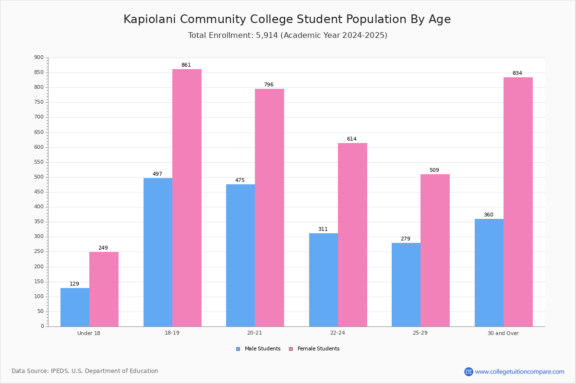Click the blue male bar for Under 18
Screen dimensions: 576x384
click(x=75, y=307)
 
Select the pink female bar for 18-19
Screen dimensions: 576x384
click(x=187, y=198)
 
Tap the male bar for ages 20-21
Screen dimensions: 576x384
click(x=240, y=255)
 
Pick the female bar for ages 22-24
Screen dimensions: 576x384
click(x=352, y=235)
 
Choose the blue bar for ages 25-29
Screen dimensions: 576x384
click(x=406, y=285)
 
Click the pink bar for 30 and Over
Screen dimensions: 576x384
click(x=518, y=202)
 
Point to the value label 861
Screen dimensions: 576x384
click(x=186, y=65)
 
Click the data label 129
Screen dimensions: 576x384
click(x=74, y=284)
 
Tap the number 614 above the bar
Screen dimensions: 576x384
click(x=352, y=139)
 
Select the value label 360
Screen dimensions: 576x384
click(x=489, y=215)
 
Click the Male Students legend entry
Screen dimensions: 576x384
click(x=258, y=349)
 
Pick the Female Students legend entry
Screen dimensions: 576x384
click(x=314, y=349)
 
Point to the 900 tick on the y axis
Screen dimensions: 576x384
click(x=39, y=57)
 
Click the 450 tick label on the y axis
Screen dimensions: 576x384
click(x=39, y=192)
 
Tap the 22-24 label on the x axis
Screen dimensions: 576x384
click(x=337, y=333)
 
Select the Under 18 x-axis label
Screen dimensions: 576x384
click(x=89, y=333)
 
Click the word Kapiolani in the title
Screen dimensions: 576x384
click(x=150, y=19)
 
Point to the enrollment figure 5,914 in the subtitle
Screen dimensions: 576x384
click(x=267, y=35)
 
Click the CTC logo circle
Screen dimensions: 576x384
click(x=468, y=372)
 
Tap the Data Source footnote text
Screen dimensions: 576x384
click(x=85, y=371)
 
